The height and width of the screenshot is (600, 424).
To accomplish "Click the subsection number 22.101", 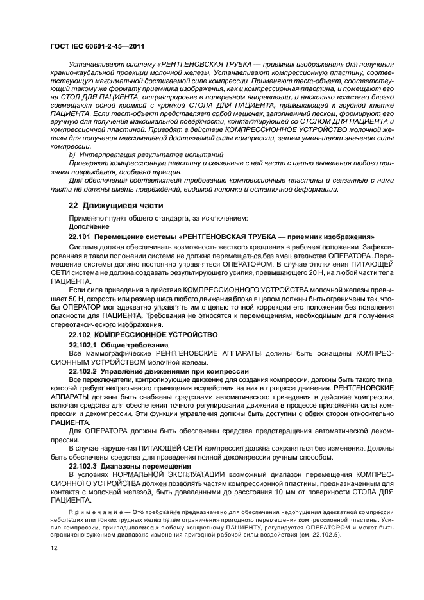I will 80,237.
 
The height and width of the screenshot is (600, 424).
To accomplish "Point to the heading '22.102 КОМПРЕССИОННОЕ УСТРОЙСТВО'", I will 144,335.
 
